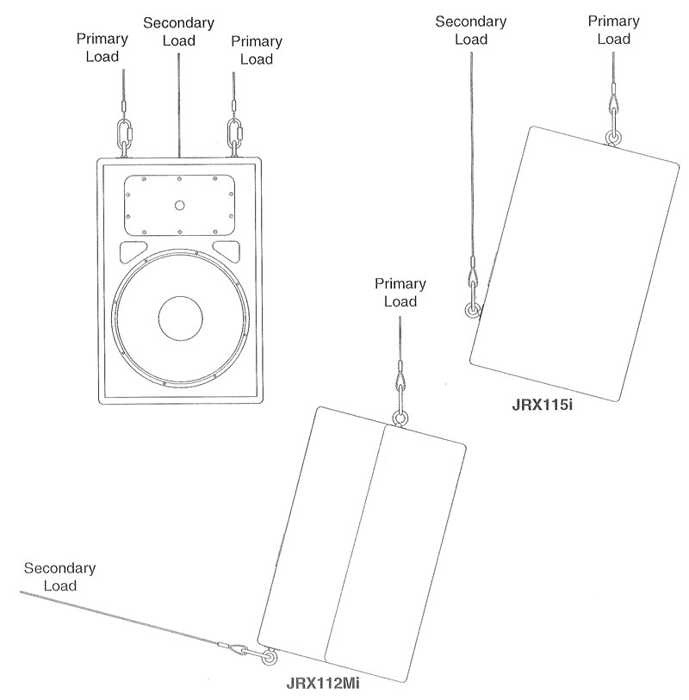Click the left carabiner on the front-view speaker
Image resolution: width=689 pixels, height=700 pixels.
[123, 134]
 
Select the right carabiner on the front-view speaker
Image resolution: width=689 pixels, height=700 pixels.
[233, 134]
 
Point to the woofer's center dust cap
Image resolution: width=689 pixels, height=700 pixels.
[179, 319]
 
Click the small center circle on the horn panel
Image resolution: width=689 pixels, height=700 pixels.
[179, 205]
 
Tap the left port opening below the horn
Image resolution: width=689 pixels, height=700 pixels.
[133, 251]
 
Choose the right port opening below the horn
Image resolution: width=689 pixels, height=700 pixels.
[226, 251]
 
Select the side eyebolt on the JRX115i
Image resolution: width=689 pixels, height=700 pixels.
[470, 311]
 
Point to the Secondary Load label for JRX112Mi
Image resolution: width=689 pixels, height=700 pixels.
[60, 577]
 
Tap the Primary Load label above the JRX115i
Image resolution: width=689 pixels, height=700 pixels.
[612, 30]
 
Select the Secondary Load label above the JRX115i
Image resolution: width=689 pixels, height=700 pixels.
[470, 30]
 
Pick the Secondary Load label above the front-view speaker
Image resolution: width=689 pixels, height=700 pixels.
[178, 30]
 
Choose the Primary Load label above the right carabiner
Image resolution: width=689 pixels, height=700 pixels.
[256, 49]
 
